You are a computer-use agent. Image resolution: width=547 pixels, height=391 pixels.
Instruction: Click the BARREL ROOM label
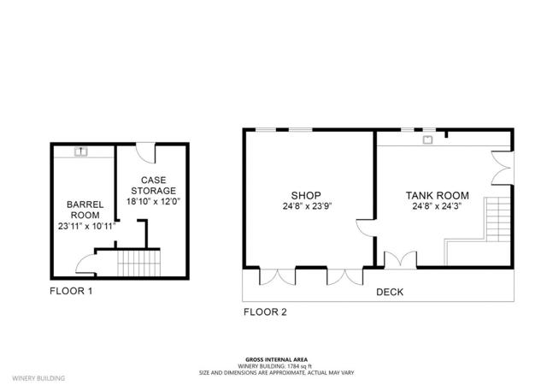click(85, 210)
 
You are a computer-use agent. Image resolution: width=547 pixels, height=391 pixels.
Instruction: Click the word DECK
click(390, 292)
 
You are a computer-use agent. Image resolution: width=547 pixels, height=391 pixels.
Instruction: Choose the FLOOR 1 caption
click(70, 292)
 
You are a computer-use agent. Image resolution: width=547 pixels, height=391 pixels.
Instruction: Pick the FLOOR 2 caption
click(265, 312)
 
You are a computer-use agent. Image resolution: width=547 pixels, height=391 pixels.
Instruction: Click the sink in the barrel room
click(82, 151)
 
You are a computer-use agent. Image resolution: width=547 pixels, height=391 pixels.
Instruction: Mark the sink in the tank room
click(428, 137)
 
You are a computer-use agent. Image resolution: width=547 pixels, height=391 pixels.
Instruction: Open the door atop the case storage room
click(148, 153)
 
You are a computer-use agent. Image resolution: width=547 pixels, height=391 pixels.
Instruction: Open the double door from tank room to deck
click(397, 258)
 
